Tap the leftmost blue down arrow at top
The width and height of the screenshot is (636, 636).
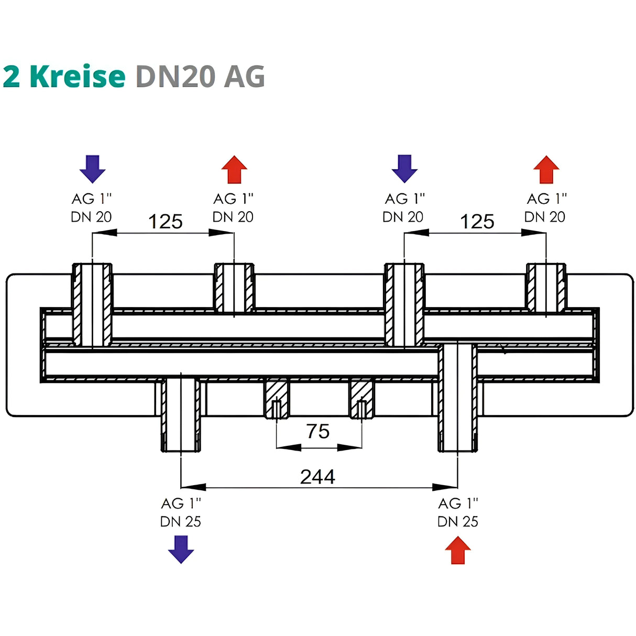pyautogui.click(x=93, y=169)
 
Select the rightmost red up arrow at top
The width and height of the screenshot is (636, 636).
pyautogui.click(x=546, y=169)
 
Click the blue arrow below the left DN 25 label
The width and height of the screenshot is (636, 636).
pyautogui.click(x=181, y=549)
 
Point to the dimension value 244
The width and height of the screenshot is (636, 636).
pyautogui.click(x=317, y=477)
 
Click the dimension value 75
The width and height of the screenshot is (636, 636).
pyautogui.click(x=318, y=431)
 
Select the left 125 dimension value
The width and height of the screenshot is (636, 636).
pyautogui.click(x=166, y=222)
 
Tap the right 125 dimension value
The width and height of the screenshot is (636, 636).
pyautogui.click(x=477, y=222)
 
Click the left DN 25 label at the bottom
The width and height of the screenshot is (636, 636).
pyautogui.click(x=181, y=521)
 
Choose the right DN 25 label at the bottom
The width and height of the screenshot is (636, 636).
pyautogui.click(x=458, y=521)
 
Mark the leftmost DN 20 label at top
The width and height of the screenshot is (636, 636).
pyautogui.click(x=91, y=216)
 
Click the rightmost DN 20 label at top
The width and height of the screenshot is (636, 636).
pyautogui.click(x=545, y=216)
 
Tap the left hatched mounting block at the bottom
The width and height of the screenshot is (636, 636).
pyautogui.click(x=276, y=398)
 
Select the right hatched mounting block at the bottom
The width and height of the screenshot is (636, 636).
pyautogui.click(x=361, y=398)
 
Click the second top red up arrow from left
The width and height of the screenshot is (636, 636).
pyautogui.click(x=234, y=169)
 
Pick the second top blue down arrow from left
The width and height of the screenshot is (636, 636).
pyautogui.click(x=405, y=169)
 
